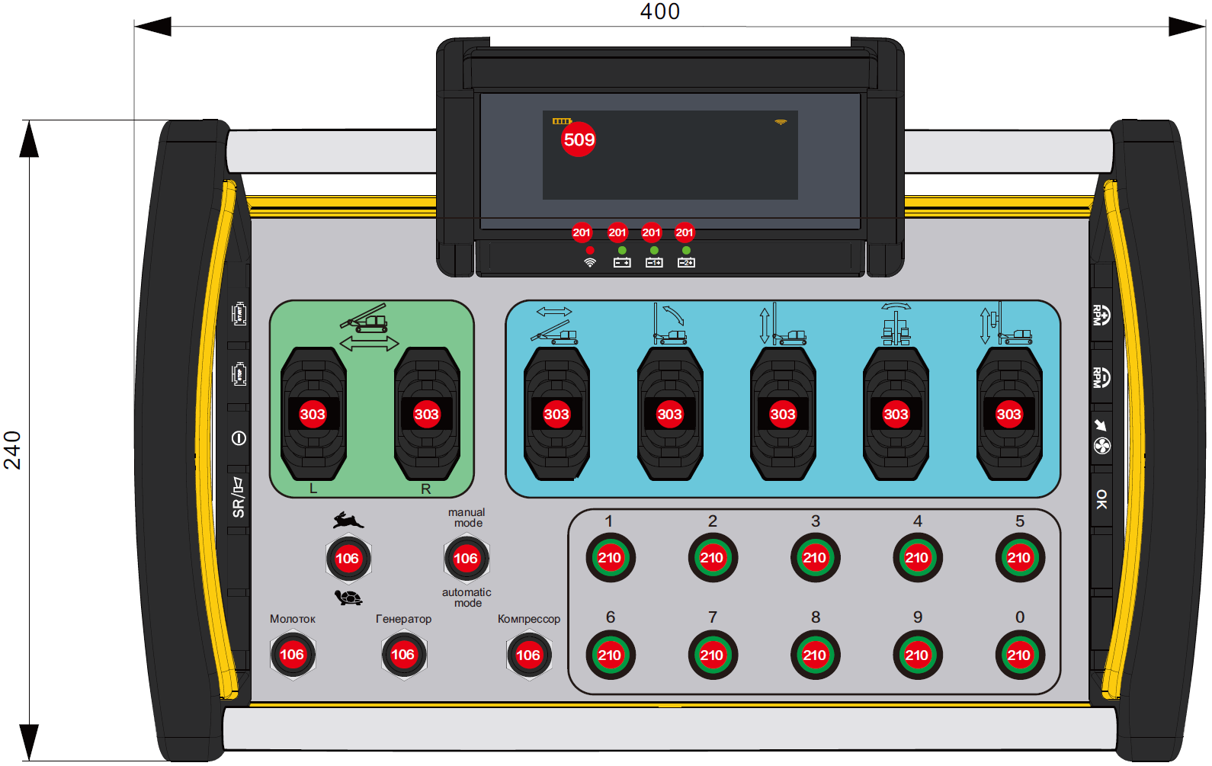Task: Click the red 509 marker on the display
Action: [x=579, y=139]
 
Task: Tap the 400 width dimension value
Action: [x=659, y=11]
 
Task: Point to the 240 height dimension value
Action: [x=12, y=450]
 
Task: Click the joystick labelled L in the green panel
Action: [x=313, y=414]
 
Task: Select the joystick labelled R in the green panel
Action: [x=426, y=414]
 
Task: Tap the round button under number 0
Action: [x=1019, y=655]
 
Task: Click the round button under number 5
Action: [x=1019, y=558]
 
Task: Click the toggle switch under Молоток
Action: [x=292, y=654]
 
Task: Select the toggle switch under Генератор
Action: [x=402, y=654]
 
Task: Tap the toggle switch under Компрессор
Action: [x=528, y=655]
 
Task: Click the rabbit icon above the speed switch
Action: [x=348, y=521]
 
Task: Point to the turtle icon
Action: [x=348, y=598]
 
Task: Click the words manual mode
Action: [x=467, y=518]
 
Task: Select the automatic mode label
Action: [x=467, y=598]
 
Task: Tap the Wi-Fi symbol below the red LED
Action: [x=590, y=263]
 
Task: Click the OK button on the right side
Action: [x=1101, y=499]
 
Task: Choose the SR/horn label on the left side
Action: [x=239, y=498]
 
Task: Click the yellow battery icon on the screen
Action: [x=562, y=121]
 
